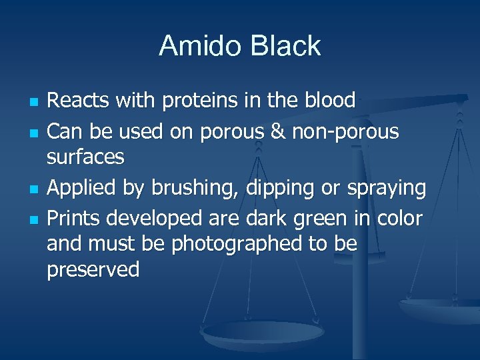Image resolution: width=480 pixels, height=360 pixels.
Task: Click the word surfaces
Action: point(85,157)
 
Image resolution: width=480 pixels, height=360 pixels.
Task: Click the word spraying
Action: point(387,189)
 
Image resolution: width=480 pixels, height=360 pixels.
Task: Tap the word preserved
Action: point(93,270)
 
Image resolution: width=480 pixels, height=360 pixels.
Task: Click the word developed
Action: point(162,217)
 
